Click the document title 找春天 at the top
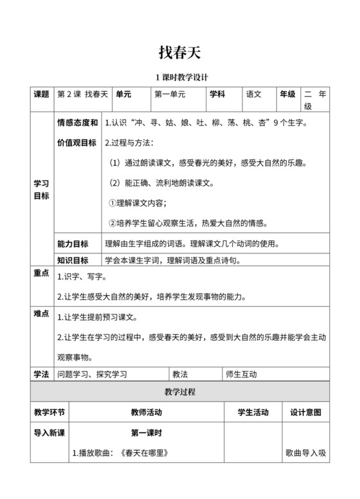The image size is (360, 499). [180, 51]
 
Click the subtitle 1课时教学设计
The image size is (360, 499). [180, 77]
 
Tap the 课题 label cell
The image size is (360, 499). [41, 94]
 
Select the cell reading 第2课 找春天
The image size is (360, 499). [83, 94]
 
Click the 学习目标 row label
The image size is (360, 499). [41, 189]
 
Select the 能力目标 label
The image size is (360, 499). [73, 244]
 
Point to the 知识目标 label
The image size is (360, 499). [73, 260]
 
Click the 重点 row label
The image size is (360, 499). [41, 273]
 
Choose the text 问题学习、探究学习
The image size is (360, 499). [92, 374]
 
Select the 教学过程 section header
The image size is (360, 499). [180, 391]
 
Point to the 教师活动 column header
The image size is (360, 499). [147, 412]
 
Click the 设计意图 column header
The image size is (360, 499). [305, 412]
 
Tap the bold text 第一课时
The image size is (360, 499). [147, 433]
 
